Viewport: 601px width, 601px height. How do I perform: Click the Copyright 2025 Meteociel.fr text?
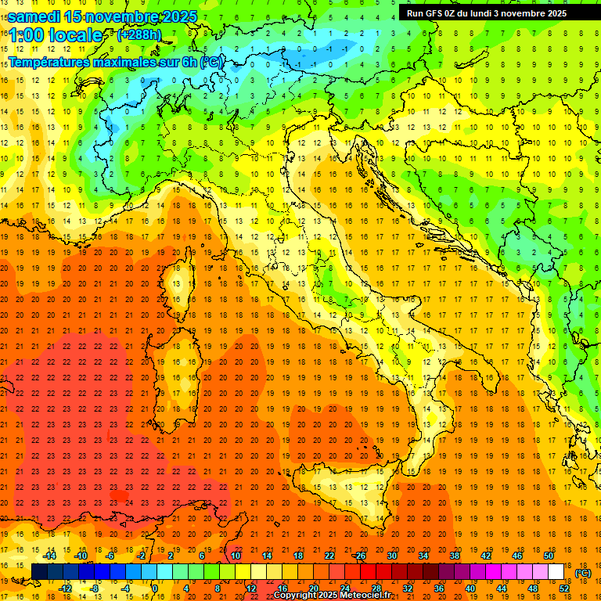click(333, 595)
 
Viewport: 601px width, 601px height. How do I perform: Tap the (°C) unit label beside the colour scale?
click(583, 573)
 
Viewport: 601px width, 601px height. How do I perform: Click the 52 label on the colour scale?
click(564, 588)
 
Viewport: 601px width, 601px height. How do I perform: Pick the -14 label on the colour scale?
click(49, 556)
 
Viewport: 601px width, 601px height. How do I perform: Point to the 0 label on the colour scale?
click(154, 588)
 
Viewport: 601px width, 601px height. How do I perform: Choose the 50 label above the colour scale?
click(549, 556)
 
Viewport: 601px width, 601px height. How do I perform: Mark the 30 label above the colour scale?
click(391, 556)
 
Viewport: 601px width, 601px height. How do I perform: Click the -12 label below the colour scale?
click(65, 588)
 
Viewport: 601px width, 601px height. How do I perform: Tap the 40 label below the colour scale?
click(470, 588)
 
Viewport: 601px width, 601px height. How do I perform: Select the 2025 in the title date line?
click(179, 16)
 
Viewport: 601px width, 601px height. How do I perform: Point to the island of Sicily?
click(352, 485)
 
